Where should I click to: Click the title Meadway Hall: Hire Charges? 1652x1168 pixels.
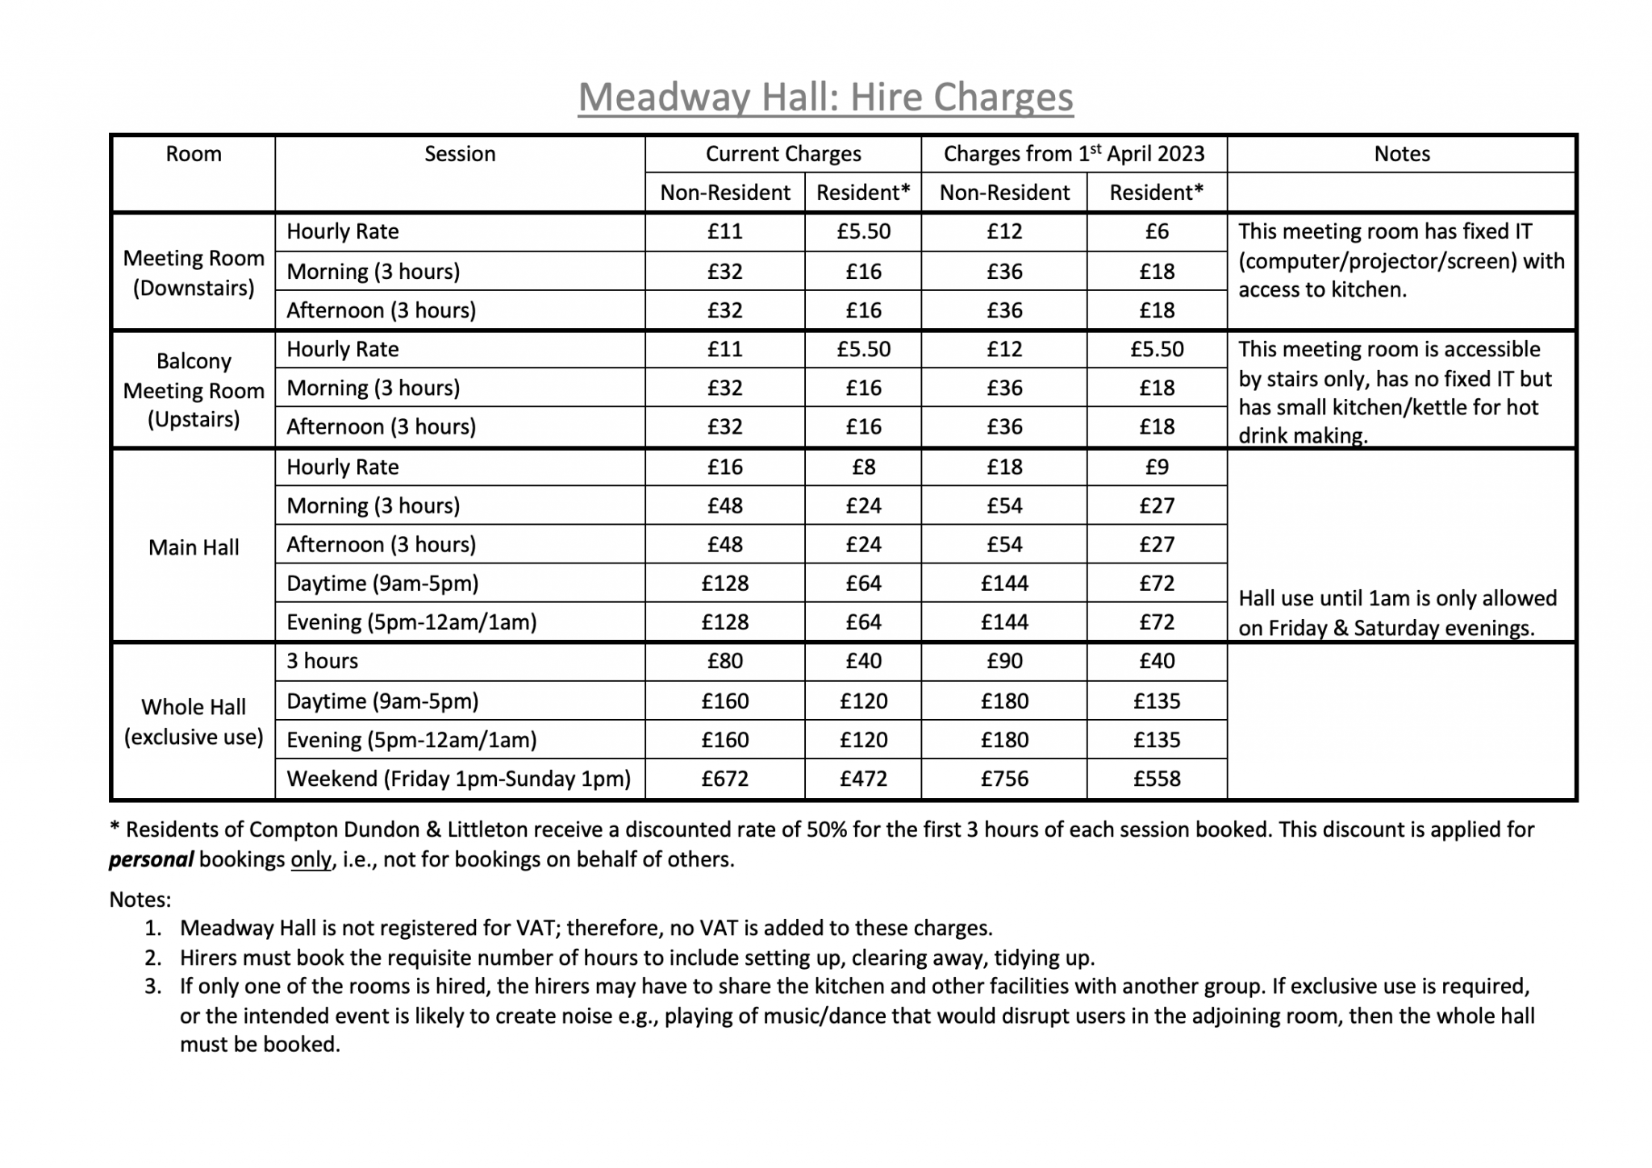tap(825, 98)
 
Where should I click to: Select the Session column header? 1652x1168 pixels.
tap(460, 154)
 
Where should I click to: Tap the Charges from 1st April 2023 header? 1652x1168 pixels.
tap(1074, 154)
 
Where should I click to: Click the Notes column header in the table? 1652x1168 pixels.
tap(1401, 154)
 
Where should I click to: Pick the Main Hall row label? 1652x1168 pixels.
tap(194, 547)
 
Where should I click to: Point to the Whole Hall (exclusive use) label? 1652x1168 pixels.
tap(194, 721)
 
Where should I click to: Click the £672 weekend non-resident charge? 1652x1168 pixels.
tap(724, 779)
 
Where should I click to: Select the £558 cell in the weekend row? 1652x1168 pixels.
tap(1157, 779)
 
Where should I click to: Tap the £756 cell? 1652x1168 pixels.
tap(1004, 779)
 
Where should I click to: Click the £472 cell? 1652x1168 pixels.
tap(863, 779)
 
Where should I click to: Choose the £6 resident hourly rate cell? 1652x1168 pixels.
tap(1157, 231)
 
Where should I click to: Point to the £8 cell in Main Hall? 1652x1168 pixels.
tap(863, 467)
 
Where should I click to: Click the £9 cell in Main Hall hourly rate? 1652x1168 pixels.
tap(1157, 467)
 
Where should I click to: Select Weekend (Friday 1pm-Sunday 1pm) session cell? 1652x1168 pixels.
tap(458, 779)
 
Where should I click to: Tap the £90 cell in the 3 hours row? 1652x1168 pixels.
tap(1004, 661)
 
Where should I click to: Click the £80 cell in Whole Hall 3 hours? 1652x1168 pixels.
tap(724, 661)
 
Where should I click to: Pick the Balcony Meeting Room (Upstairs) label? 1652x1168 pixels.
tap(194, 390)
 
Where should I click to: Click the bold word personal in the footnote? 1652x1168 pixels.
tap(151, 859)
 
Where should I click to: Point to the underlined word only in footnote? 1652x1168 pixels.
tap(311, 859)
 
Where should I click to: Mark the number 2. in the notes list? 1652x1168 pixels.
tap(153, 958)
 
